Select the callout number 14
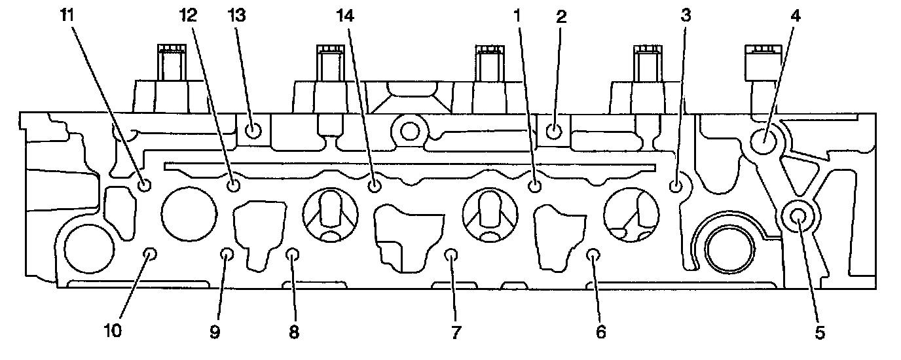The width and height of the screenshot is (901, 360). (x=345, y=16)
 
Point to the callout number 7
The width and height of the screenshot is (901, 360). (x=456, y=332)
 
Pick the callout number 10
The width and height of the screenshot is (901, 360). (x=113, y=332)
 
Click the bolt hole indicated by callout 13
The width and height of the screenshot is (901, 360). (x=254, y=132)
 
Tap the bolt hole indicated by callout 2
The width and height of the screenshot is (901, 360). (x=553, y=132)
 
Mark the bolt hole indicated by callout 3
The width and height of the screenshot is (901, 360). (x=676, y=187)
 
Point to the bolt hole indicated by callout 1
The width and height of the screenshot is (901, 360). (x=535, y=187)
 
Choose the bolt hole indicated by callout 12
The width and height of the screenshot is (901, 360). (x=234, y=187)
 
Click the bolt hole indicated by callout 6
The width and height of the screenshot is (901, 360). (x=593, y=254)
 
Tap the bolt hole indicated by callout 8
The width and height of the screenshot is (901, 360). (x=293, y=254)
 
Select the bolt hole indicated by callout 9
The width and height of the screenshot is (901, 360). (x=227, y=254)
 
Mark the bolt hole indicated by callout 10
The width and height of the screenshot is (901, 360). (x=151, y=253)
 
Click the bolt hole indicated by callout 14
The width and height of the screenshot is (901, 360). (x=375, y=187)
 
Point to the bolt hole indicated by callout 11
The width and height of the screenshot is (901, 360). (x=145, y=186)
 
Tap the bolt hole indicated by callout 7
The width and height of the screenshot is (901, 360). (x=450, y=254)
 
